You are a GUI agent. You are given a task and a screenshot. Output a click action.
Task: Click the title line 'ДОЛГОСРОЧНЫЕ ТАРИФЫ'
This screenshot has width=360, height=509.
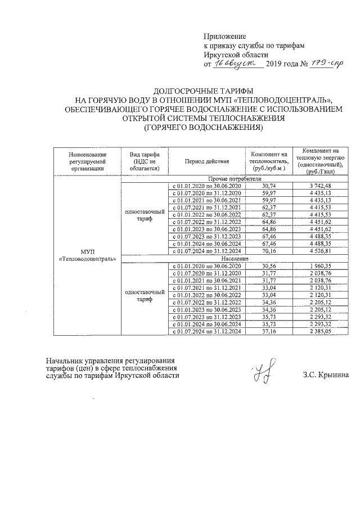[203, 91]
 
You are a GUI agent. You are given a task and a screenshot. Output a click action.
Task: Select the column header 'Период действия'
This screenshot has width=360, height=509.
[206, 160]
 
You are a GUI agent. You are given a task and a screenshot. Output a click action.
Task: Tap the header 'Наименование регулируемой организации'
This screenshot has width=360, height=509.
[88, 160]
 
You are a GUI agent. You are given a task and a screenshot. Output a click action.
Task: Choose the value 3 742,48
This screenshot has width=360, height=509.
[320, 186]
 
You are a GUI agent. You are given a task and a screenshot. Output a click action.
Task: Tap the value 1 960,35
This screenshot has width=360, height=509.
[320, 265]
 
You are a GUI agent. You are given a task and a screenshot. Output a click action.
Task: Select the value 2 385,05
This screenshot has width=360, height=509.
[320, 332]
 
